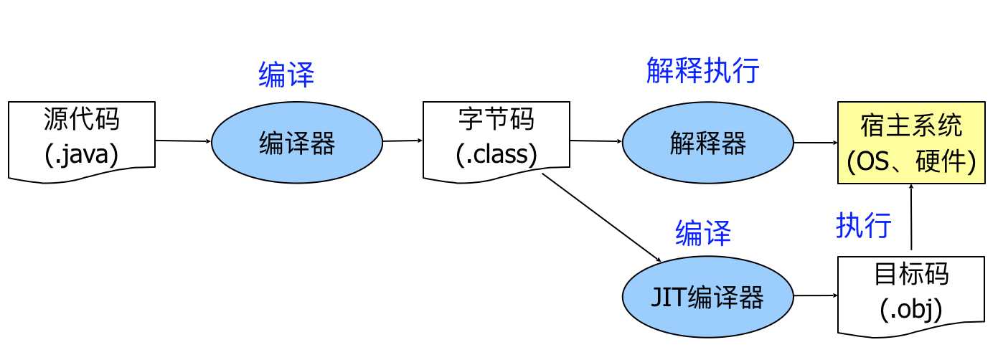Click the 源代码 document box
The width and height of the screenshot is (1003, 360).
point(81,140)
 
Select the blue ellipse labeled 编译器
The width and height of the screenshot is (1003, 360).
point(296,142)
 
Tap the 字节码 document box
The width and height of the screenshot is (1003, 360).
point(496,140)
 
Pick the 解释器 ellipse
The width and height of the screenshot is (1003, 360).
point(707,142)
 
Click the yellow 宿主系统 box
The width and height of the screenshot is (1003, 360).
point(911,143)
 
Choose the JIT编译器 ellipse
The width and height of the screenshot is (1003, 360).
point(707,297)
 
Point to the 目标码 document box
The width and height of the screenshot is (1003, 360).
point(911,294)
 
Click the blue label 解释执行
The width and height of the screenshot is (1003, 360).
point(702,71)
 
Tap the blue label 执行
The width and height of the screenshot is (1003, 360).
point(863,225)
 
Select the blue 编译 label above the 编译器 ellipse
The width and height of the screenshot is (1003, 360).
point(286,75)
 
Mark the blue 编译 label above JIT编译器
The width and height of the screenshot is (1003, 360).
point(702,233)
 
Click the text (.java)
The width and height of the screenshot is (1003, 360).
point(81,155)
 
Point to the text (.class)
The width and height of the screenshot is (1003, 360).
point(496,155)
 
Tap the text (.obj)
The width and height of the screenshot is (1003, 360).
point(911,311)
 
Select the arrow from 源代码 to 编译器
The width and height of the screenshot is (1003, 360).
point(183,141)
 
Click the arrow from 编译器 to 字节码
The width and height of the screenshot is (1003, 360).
point(403,141)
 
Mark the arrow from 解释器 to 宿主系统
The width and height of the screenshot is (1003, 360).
point(816,142)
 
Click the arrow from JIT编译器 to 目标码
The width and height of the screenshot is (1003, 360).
point(816,295)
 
